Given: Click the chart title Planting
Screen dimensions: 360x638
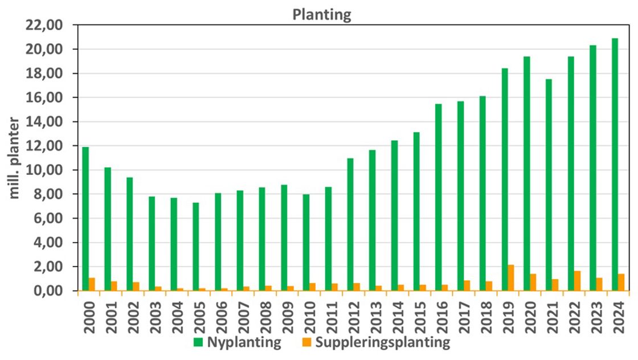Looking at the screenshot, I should pyautogui.click(x=322, y=15).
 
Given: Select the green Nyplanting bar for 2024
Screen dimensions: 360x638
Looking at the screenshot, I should pyautogui.click(x=614, y=165).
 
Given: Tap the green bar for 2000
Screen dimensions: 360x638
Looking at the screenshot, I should pyautogui.click(x=85, y=219).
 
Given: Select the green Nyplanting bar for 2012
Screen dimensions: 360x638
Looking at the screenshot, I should pyautogui.click(x=350, y=224).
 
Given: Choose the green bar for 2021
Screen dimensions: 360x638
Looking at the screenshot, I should pyautogui.click(x=548, y=185).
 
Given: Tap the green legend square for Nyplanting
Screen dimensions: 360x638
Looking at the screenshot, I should pyautogui.click(x=198, y=343).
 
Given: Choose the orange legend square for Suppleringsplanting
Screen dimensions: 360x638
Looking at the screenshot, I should pyautogui.click(x=306, y=343).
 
